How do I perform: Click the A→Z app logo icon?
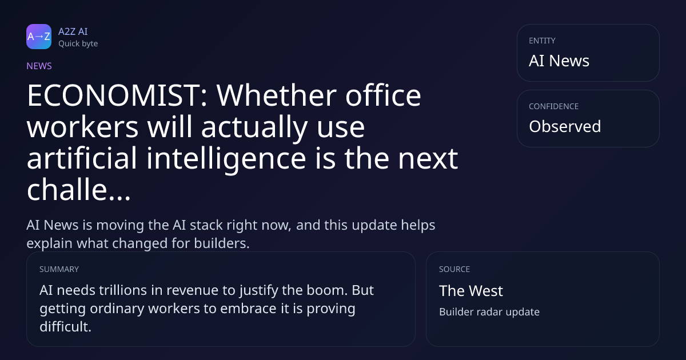click(x=39, y=37)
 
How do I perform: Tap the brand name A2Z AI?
click(x=73, y=31)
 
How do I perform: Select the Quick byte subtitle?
click(x=78, y=44)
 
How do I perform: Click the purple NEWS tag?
click(x=39, y=66)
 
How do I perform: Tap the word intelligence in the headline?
click(x=226, y=159)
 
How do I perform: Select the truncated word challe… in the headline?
click(x=79, y=190)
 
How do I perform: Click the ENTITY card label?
click(x=542, y=41)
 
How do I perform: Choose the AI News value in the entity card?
click(x=559, y=61)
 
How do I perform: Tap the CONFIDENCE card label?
click(x=554, y=106)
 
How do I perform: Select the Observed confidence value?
click(x=565, y=126)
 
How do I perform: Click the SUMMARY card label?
click(x=59, y=269)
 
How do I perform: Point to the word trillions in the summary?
click(x=123, y=290)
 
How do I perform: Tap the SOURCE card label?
click(x=454, y=269)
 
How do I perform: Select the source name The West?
click(x=471, y=291)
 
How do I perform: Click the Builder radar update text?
click(x=489, y=312)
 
